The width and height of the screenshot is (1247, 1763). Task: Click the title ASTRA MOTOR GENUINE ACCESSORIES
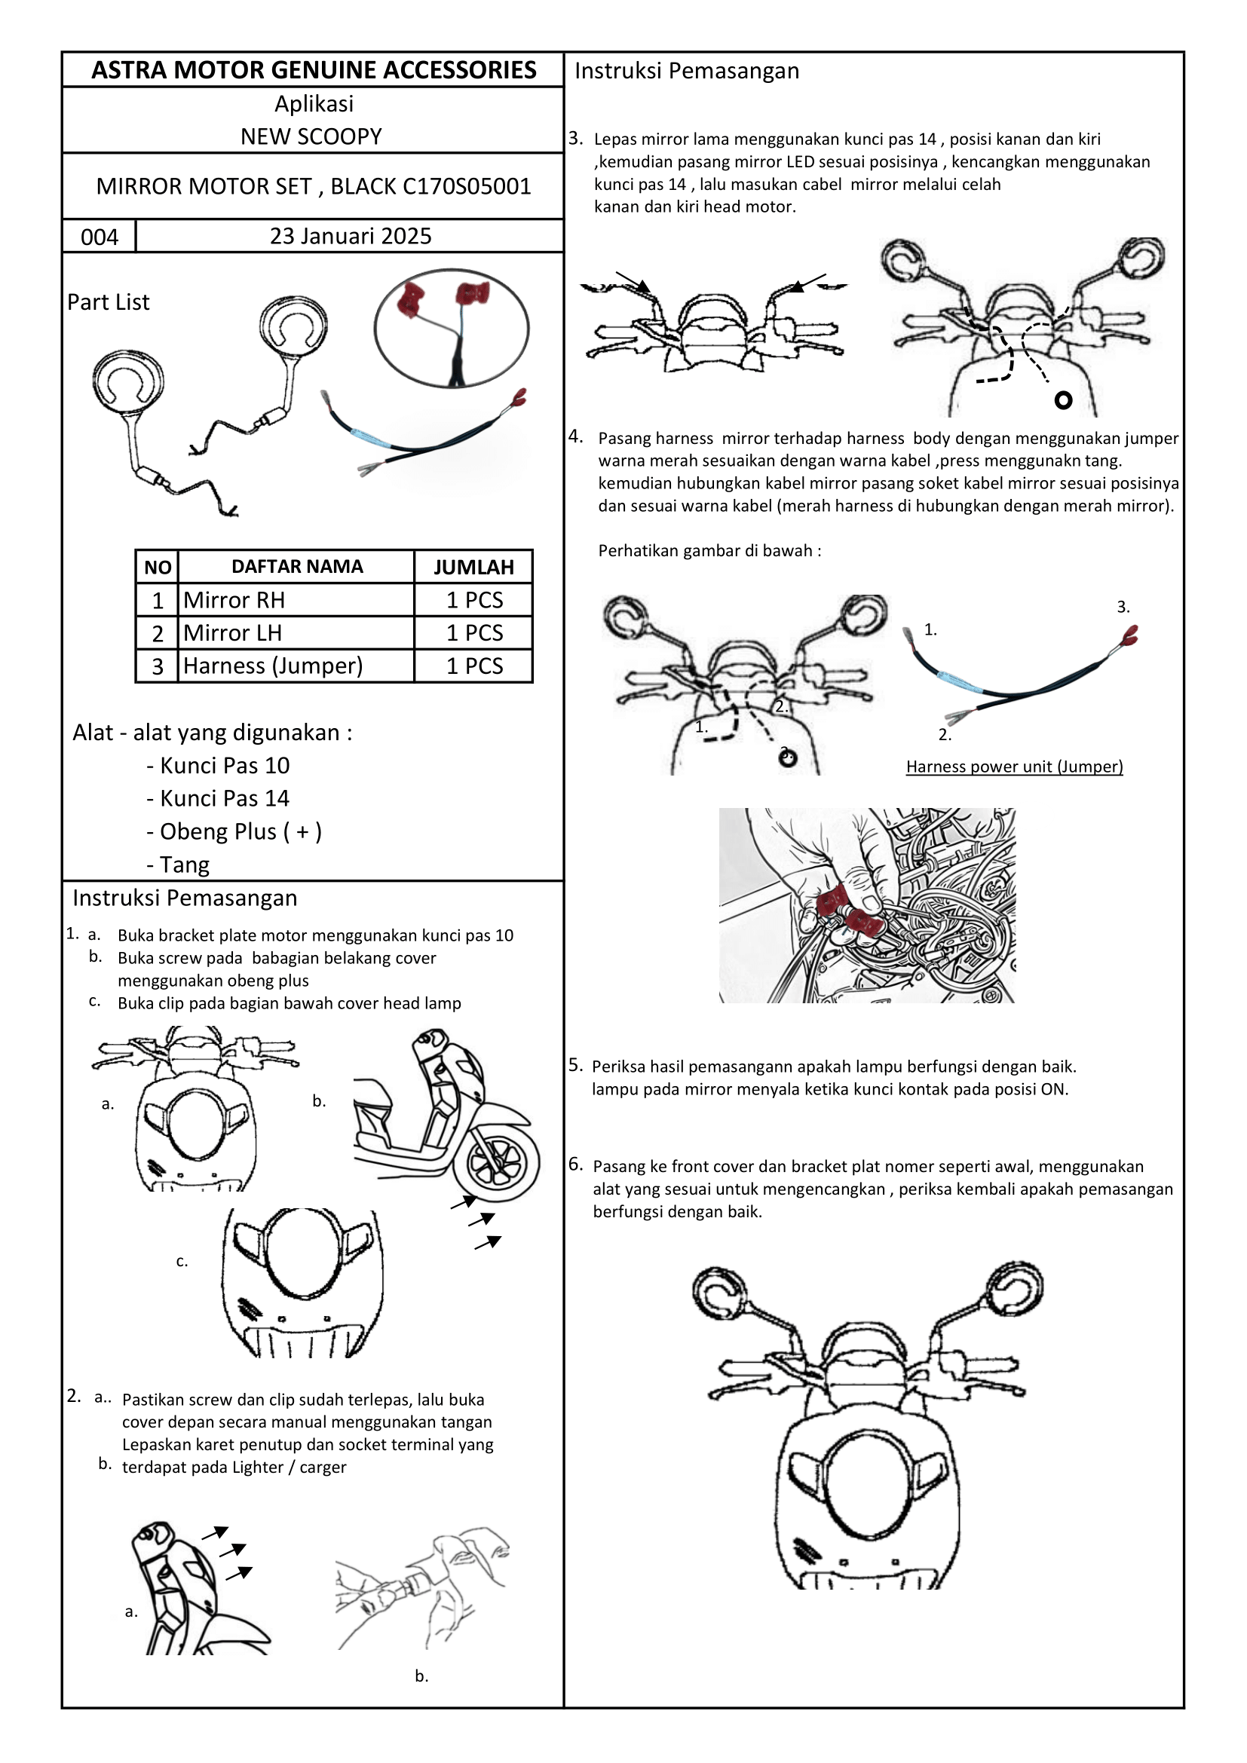click(x=314, y=70)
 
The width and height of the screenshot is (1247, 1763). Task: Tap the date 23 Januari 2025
click(x=350, y=236)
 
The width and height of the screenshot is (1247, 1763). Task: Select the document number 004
click(x=99, y=237)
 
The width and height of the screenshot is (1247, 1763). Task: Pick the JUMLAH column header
click(x=473, y=567)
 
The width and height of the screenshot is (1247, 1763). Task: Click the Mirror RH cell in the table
click(x=234, y=600)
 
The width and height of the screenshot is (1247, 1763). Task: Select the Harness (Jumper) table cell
click(x=273, y=666)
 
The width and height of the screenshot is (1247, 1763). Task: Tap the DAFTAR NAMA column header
click(x=296, y=567)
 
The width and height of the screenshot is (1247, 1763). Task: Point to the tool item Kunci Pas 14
click(x=224, y=798)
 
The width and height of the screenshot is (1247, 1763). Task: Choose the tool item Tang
click(x=184, y=865)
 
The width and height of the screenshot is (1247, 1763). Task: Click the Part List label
click(x=109, y=301)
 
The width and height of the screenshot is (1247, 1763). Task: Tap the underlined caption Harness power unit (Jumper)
click(x=1013, y=767)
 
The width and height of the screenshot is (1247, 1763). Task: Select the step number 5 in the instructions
click(x=575, y=1065)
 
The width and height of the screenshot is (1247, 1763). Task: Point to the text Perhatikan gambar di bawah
click(x=709, y=550)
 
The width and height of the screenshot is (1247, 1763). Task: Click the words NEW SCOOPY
click(x=311, y=136)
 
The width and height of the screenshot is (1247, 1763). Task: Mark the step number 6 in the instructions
click(x=575, y=1164)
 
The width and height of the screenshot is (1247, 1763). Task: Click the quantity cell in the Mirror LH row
click(x=473, y=632)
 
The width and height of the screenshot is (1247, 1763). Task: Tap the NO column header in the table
click(x=158, y=568)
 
